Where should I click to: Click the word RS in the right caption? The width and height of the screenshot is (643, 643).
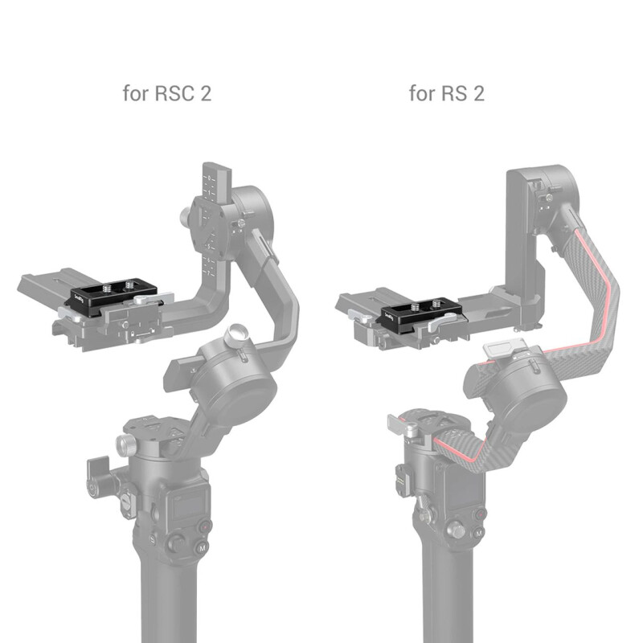coord(454,93)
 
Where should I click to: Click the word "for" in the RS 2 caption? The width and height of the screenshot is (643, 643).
coord(422,93)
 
